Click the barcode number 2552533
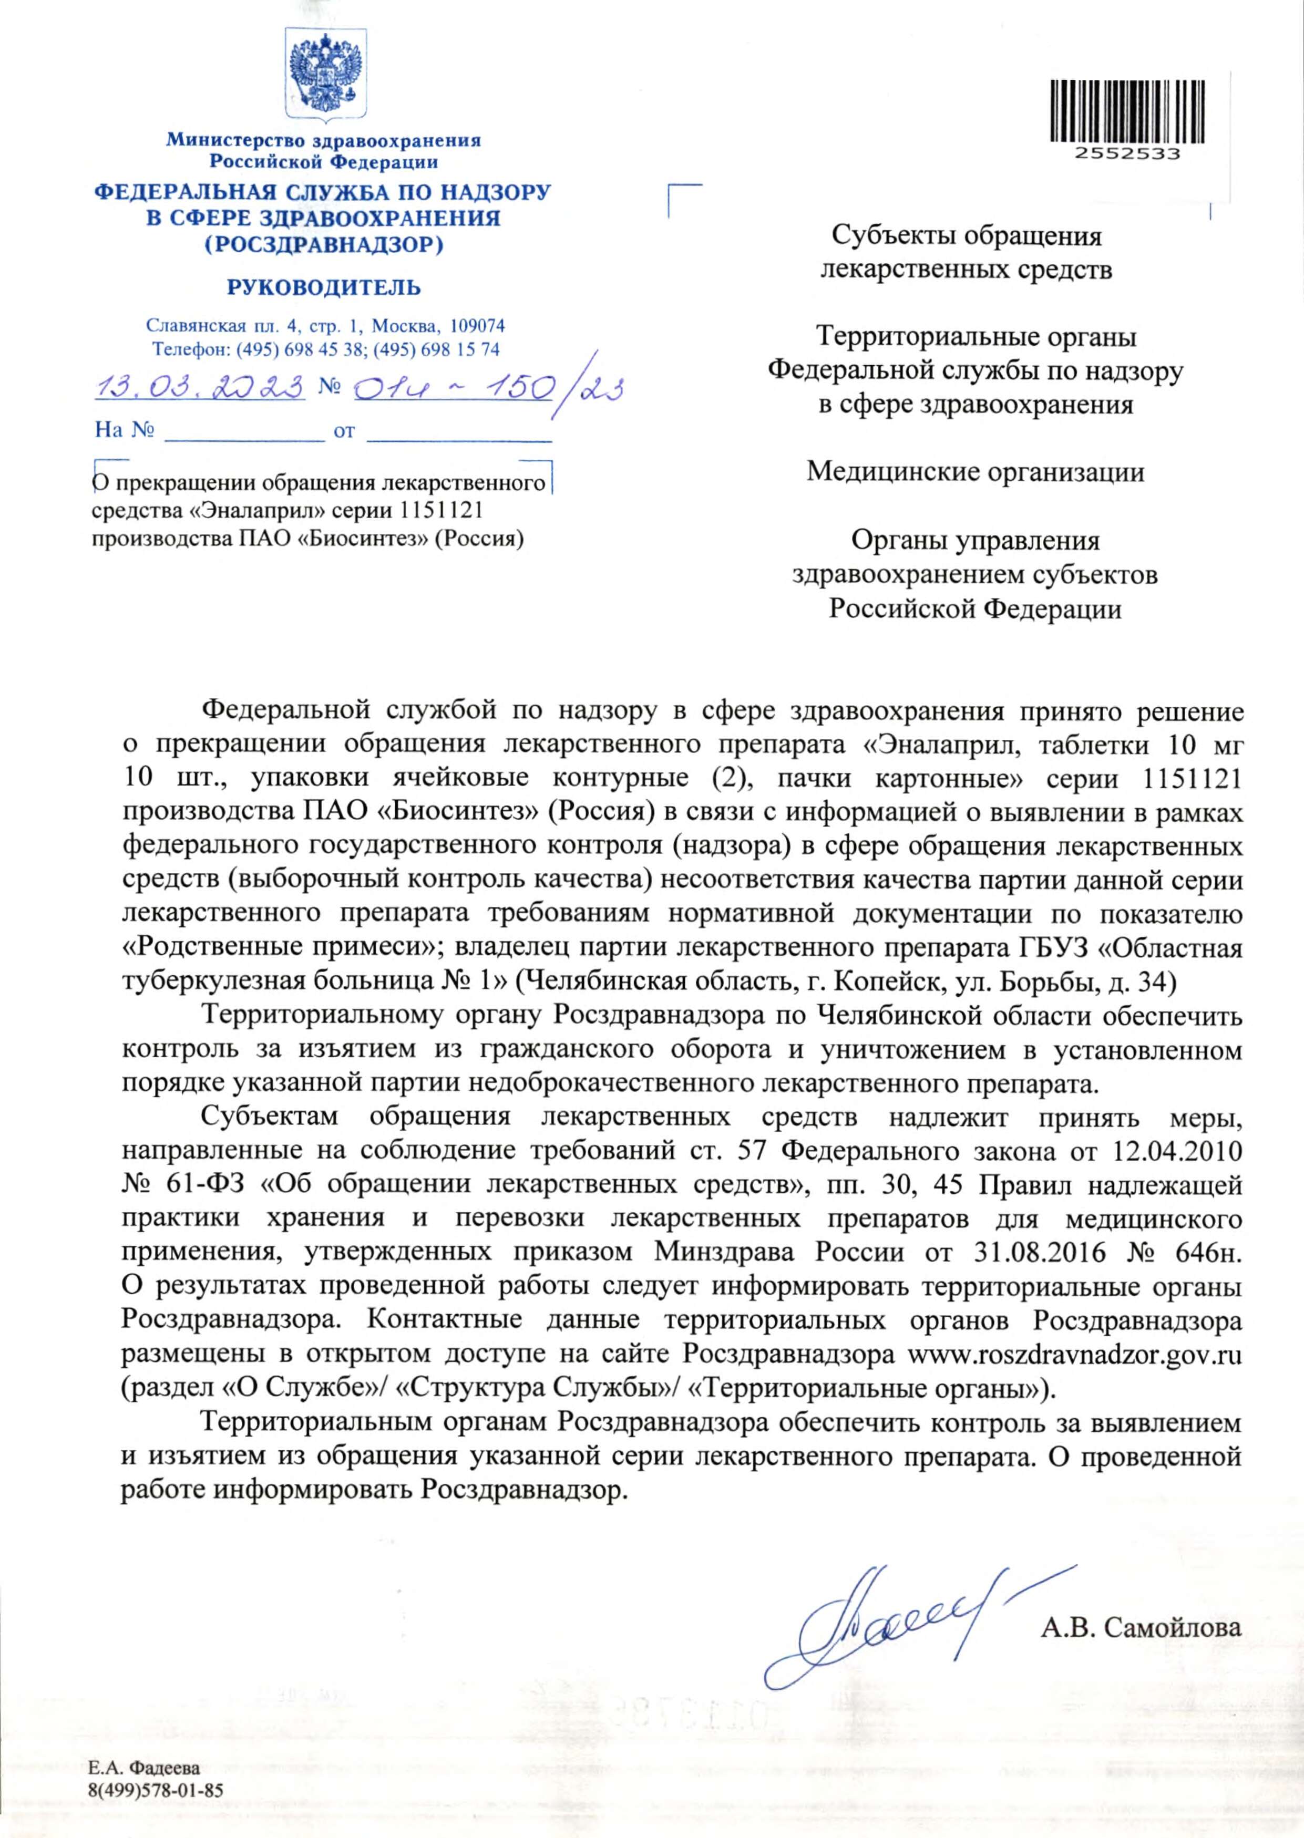click(x=1126, y=155)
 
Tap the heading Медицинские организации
click(x=975, y=472)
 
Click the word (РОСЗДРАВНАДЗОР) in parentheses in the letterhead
click(x=323, y=243)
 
